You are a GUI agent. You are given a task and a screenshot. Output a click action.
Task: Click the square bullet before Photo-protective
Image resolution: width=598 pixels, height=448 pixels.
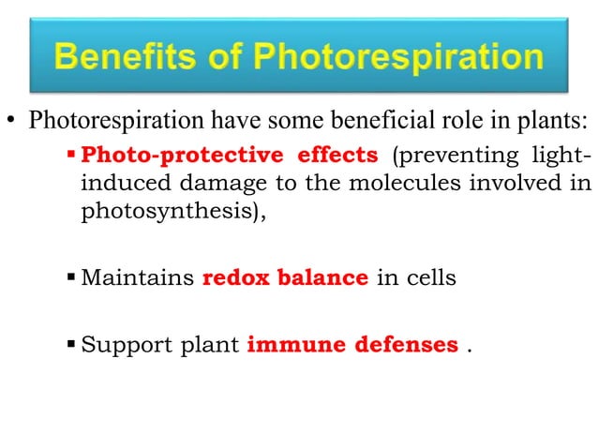coord(74,155)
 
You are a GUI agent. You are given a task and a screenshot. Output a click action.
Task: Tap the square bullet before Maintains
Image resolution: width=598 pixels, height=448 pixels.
coord(74,278)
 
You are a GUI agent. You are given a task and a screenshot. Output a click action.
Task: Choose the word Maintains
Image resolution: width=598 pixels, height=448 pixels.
coord(138,277)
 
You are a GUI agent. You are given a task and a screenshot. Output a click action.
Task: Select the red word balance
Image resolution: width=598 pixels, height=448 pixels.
coord(322,277)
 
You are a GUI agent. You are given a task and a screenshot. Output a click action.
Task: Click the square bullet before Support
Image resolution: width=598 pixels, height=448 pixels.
coord(74,344)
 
